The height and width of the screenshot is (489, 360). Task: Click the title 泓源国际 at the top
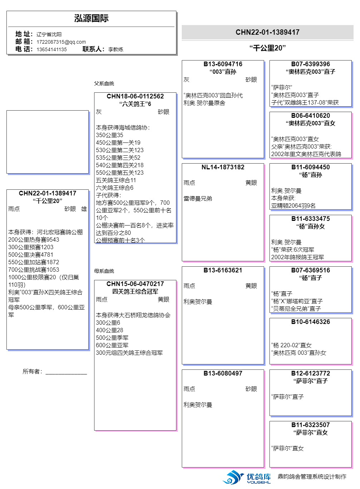point(91,18)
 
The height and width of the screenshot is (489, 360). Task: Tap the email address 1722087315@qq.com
point(61,42)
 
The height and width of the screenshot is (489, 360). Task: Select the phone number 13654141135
point(52,49)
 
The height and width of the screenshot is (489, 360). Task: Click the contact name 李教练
point(116,49)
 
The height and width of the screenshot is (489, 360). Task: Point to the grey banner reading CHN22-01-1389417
point(267,32)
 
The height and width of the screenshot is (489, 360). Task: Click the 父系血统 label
point(104,83)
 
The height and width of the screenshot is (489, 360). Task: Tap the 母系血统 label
point(104,271)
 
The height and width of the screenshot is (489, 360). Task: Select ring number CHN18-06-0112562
point(135,96)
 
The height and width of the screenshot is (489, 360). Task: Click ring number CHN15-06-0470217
point(135,284)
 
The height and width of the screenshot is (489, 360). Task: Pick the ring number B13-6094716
point(223,64)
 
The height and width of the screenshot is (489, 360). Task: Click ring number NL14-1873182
point(223,167)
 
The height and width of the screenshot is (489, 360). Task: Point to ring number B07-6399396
point(311,64)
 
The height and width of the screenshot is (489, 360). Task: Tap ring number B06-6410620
point(311,116)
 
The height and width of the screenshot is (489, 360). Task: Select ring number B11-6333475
point(311,219)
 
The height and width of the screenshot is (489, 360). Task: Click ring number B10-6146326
point(311,322)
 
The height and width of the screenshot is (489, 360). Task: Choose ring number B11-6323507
point(311,425)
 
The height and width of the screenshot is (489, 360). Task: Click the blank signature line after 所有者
point(66,372)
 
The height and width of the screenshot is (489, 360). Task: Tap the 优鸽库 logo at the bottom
point(247,478)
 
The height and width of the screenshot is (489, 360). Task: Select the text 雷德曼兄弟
point(198,199)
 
